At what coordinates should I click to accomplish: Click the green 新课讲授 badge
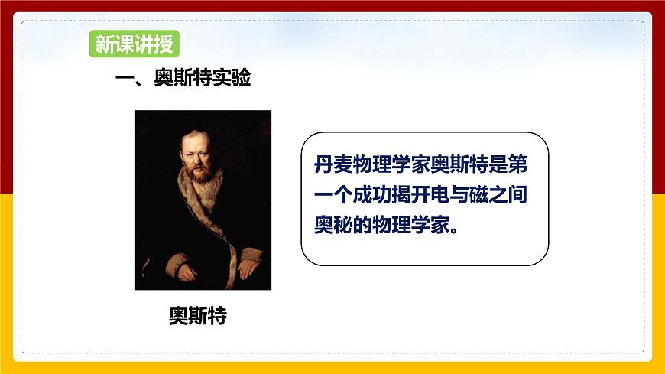(135, 44)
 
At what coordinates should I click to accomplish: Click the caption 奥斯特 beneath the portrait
(198, 315)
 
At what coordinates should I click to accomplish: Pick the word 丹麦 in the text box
(333, 164)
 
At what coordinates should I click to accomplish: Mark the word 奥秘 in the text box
(333, 225)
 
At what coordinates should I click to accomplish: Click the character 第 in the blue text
(517, 164)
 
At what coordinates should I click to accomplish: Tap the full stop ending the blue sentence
(454, 230)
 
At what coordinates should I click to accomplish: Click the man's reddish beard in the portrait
(199, 171)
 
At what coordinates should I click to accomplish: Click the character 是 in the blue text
(498, 164)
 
